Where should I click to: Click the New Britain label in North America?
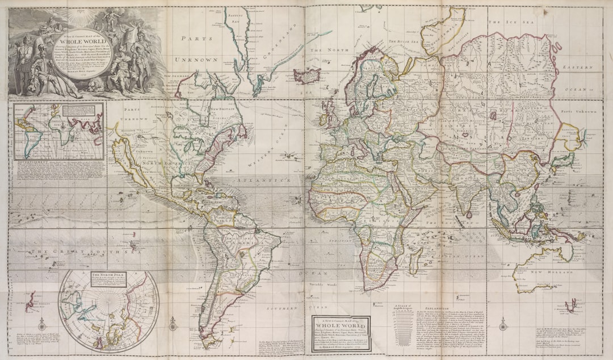click(222, 108)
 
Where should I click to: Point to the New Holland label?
click(543, 273)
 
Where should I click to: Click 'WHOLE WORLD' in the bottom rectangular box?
click(341, 326)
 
